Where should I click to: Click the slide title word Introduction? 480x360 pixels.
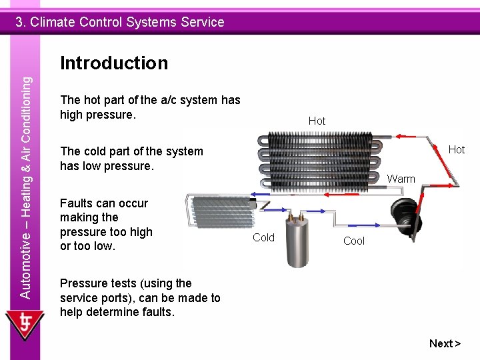(x=114, y=63)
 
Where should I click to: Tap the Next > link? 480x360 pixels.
(x=445, y=343)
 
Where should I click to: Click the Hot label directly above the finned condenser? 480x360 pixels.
(x=317, y=121)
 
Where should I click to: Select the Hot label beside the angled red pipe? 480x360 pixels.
(x=457, y=150)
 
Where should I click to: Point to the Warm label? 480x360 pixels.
(x=401, y=179)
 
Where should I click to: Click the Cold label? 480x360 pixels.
(x=263, y=237)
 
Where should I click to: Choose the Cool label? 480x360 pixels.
(x=354, y=241)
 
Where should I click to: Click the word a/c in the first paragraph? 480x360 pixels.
(x=169, y=100)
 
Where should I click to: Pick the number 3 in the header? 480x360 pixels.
(x=21, y=22)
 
